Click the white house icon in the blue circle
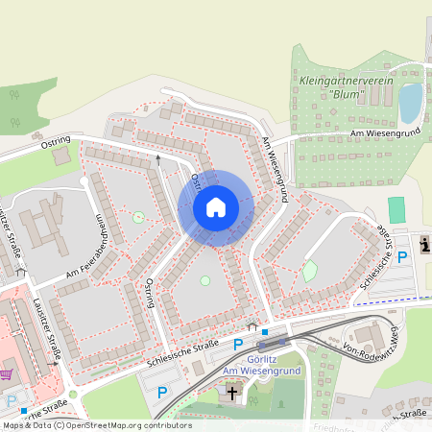pyautogui.click(x=216, y=207)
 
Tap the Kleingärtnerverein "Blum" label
pyautogui.click(x=347, y=88)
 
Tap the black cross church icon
pyautogui.click(x=231, y=391)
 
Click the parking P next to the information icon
pyautogui.click(x=403, y=255)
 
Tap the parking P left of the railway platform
pyautogui.click(x=238, y=344)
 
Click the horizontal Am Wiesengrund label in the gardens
pyautogui.click(x=386, y=132)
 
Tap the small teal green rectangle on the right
pyautogui.click(x=396, y=209)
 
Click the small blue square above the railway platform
pyautogui.click(x=265, y=332)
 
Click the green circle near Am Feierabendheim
pyautogui.click(x=139, y=217)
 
